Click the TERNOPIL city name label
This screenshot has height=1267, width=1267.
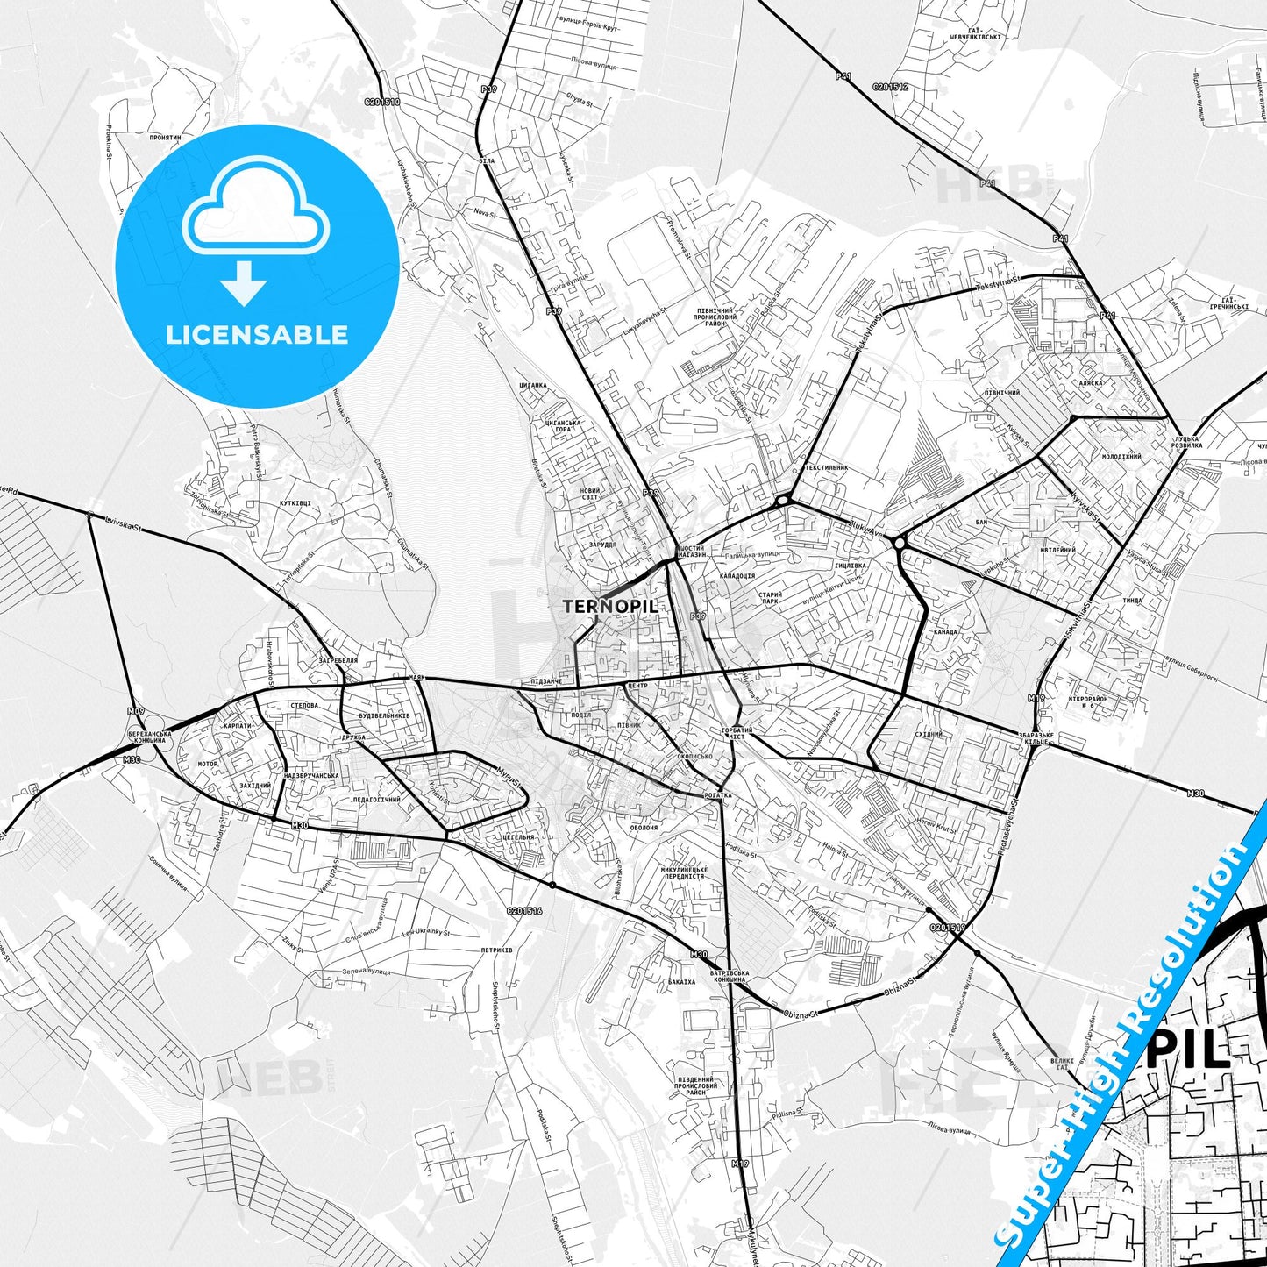tap(609, 606)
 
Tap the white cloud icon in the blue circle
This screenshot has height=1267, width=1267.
tap(256, 210)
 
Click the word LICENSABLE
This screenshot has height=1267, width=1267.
tap(257, 335)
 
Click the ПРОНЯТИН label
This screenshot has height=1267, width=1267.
tap(165, 138)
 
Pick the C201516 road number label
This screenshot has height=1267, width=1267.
tap(524, 911)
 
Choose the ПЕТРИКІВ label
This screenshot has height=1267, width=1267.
tap(496, 950)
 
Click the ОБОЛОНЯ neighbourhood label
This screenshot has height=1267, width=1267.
tap(644, 828)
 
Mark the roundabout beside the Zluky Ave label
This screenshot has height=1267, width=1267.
tap(900, 544)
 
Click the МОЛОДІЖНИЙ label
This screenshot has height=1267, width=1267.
tap(1121, 457)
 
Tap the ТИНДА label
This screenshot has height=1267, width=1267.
tap(1132, 601)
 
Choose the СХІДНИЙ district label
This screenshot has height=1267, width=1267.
tap(929, 735)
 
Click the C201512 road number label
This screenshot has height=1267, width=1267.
tap(890, 87)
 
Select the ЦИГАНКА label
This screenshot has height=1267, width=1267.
tap(533, 385)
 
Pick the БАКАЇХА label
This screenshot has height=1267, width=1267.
tap(681, 982)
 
